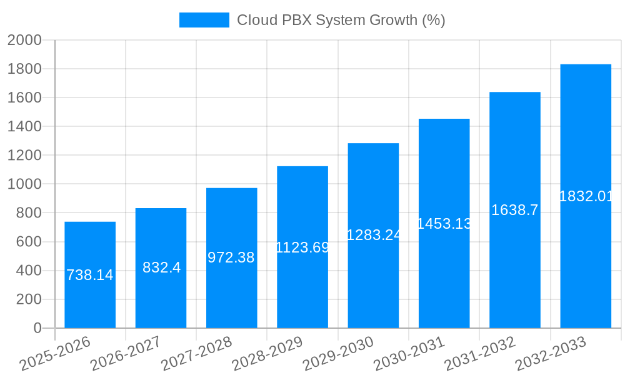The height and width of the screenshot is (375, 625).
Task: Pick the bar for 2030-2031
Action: pos(444,275)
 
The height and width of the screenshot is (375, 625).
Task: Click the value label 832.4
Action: pos(161,267)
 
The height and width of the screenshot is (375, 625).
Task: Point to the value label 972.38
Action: pos(231,257)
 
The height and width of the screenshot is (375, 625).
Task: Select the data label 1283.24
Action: pos(373,235)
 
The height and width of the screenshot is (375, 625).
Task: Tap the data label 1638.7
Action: pos(514,210)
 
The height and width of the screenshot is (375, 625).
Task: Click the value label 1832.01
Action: pos(586,196)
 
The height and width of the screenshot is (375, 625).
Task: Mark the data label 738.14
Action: pos(90,275)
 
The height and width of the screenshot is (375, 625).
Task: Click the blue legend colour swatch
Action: pos(204,20)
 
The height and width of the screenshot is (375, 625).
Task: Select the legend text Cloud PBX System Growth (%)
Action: pos(341,20)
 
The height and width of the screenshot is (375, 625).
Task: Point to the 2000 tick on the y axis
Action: pos(24,41)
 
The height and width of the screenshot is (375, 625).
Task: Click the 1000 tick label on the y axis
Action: pos(24,184)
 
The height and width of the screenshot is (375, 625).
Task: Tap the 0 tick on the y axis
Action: pos(37,328)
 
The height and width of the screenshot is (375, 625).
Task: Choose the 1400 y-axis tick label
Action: pos(24,127)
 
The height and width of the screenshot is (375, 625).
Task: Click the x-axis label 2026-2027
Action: pos(125,354)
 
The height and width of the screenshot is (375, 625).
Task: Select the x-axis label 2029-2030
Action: pos(337,354)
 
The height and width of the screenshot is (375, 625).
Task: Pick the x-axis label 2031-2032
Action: pos(479,354)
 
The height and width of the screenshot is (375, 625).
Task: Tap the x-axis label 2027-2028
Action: pos(196,354)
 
